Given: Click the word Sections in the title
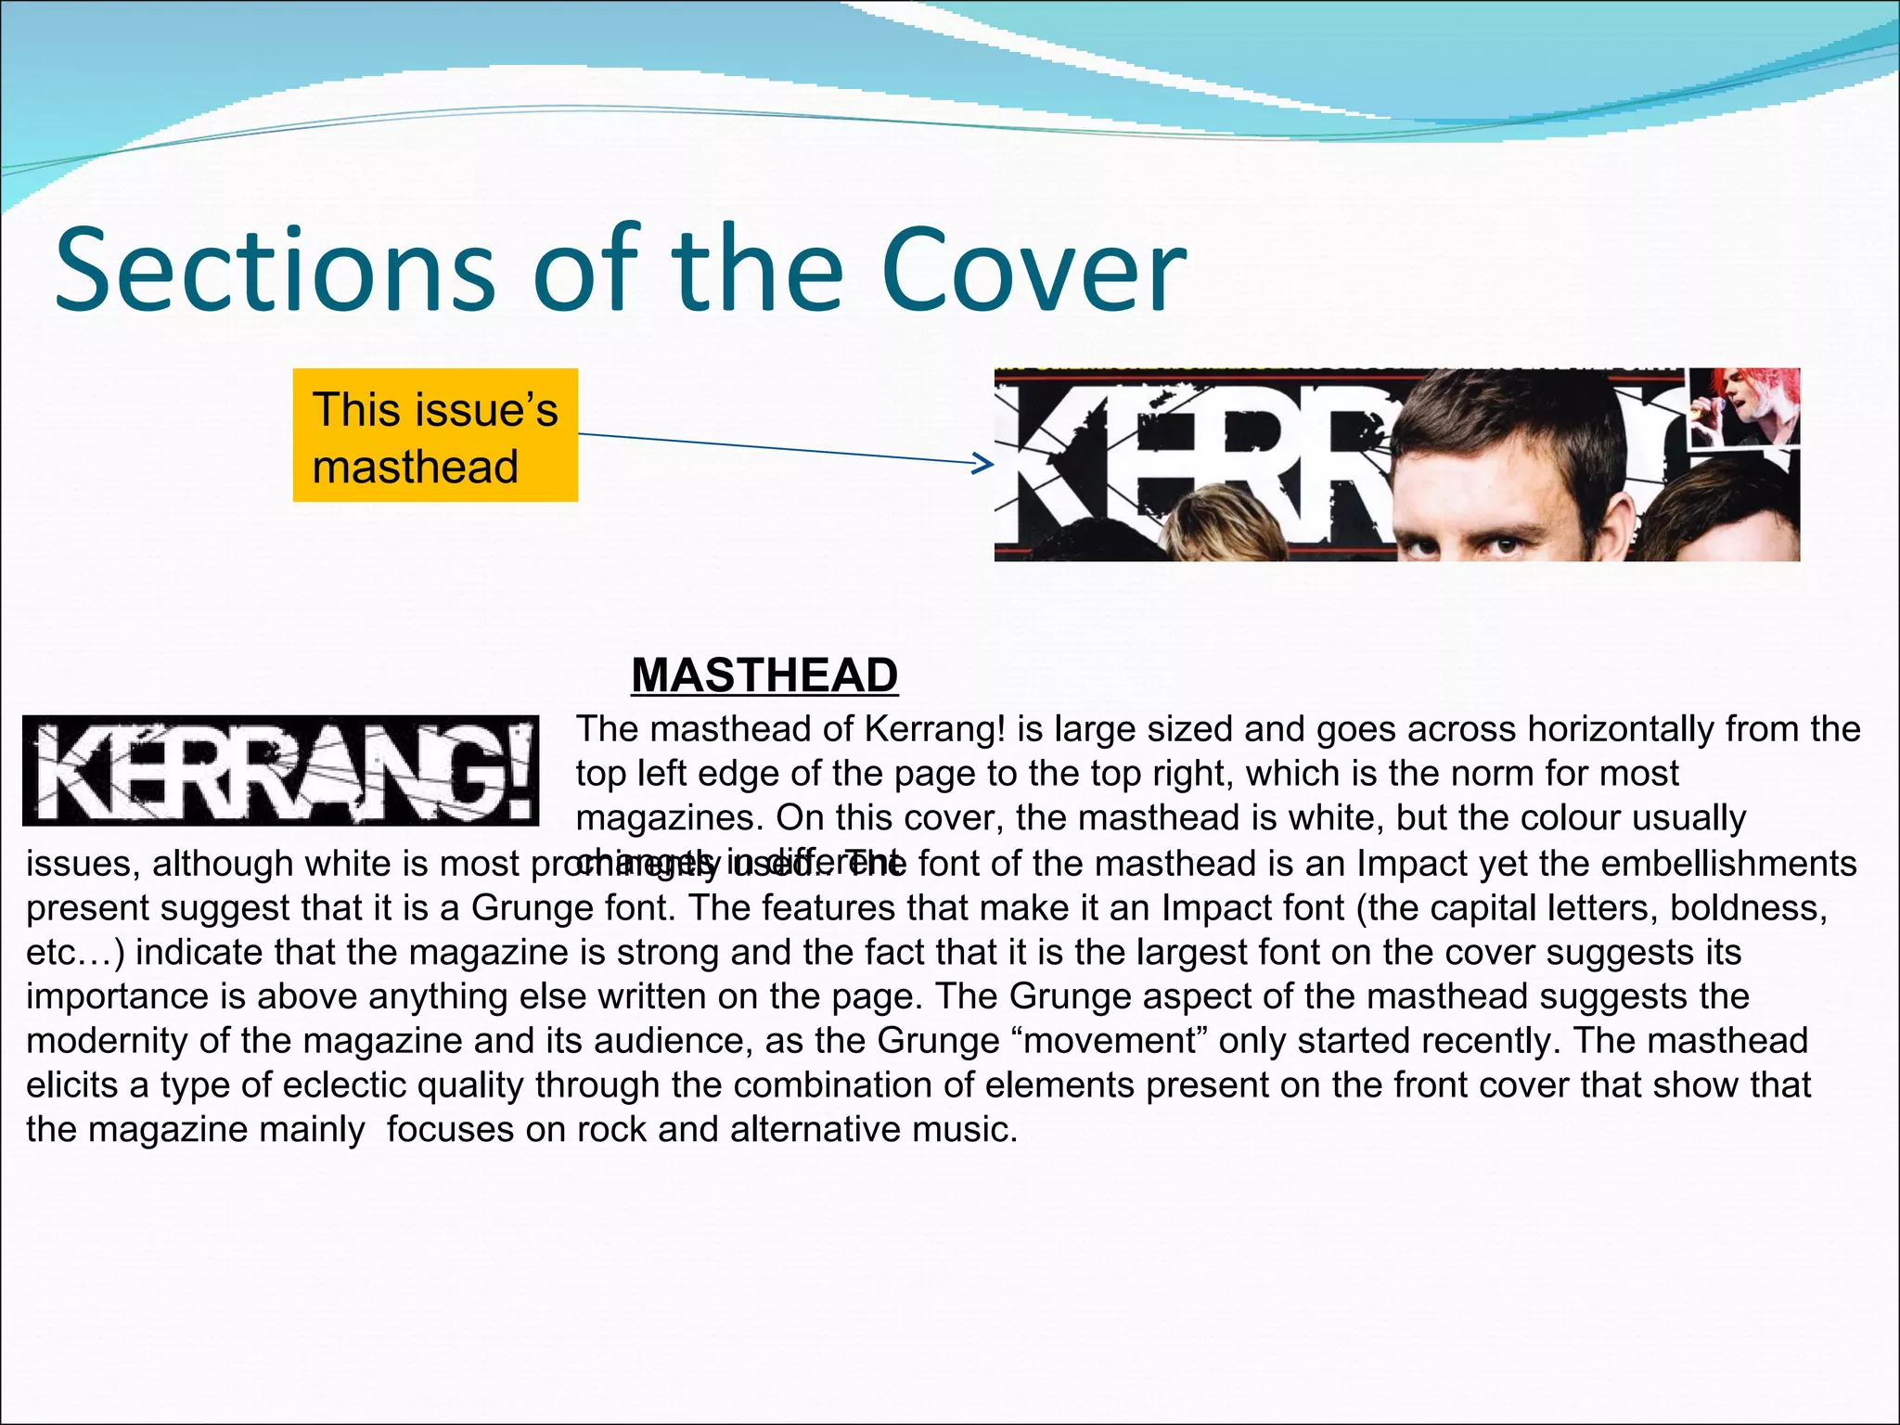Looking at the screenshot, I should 275,270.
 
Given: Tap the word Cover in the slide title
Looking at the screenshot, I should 1033,270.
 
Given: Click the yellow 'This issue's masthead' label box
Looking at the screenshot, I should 435,435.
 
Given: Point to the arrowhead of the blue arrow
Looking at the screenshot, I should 985,463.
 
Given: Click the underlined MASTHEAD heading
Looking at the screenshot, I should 764,674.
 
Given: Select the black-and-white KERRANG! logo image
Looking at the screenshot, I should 280,771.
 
